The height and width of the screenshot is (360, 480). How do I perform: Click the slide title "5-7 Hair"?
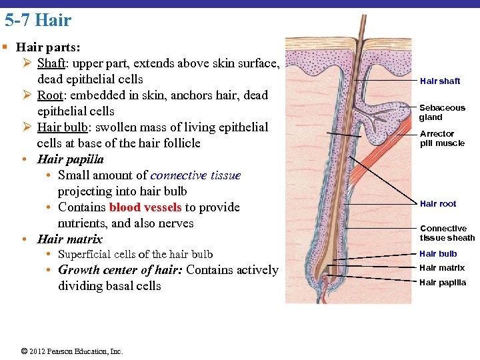tap(38, 20)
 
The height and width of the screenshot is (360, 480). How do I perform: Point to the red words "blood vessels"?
tap(145, 207)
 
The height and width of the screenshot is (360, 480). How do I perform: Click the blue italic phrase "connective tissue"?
tap(195, 175)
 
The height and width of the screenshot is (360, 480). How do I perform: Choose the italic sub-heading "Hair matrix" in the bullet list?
tap(70, 239)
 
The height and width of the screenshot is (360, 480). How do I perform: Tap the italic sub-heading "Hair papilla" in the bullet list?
tap(71, 159)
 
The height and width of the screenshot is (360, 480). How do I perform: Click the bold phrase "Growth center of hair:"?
tap(121, 270)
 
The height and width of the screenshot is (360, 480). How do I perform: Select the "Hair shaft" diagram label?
tap(440, 81)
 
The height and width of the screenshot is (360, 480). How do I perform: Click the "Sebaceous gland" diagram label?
tap(442, 112)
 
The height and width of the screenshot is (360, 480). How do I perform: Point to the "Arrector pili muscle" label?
tap(442, 138)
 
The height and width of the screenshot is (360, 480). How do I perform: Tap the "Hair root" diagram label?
tap(438, 203)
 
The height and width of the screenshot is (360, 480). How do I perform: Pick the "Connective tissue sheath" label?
tap(447, 233)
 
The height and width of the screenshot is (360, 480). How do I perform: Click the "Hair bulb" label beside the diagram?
tap(438, 253)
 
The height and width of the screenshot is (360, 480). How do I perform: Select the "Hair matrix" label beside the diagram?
tap(442, 268)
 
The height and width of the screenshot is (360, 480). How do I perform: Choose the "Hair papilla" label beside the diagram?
tap(443, 283)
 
